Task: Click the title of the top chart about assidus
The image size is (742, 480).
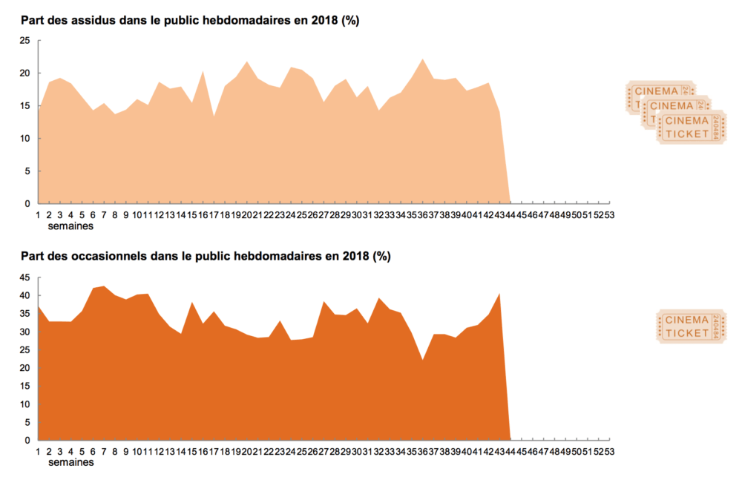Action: tap(190, 21)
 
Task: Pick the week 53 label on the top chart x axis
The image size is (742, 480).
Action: tap(609, 214)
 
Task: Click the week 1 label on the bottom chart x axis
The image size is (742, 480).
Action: tap(38, 451)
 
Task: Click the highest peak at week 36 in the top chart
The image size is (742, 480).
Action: tap(422, 59)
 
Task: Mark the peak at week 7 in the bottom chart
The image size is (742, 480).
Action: tap(104, 286)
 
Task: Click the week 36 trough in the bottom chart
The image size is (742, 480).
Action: tap(422, 360)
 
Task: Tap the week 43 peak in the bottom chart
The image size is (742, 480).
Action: tap(499, 294)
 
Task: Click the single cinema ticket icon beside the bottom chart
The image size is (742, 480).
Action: tap(691, 326)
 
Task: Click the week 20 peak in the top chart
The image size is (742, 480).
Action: tap(246, 62)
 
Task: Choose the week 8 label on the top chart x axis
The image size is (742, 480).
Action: tap(115, 214)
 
